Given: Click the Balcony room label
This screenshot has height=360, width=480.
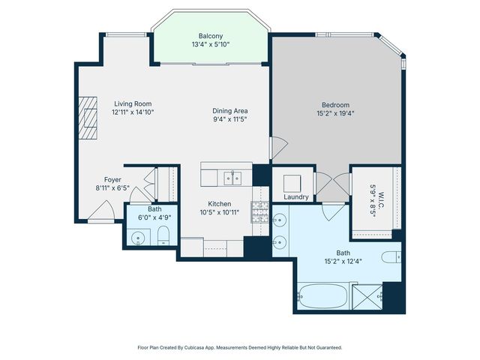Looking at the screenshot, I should pos(211,35).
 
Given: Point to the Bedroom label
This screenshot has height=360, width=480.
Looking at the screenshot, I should pos(335,105).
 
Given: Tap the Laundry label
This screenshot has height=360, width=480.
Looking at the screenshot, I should pos(296,197).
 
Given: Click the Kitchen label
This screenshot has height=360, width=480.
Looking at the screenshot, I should pos(219,204).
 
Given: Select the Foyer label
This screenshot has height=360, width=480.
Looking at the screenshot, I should pos(112,180).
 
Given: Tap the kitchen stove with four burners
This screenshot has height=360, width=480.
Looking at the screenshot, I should pos(259,212).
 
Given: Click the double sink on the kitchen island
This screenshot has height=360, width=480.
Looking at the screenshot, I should pos(232,178).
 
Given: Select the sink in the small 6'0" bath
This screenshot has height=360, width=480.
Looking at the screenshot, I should pos(137,238).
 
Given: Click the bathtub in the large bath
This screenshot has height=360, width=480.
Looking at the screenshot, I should pos(322,296).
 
